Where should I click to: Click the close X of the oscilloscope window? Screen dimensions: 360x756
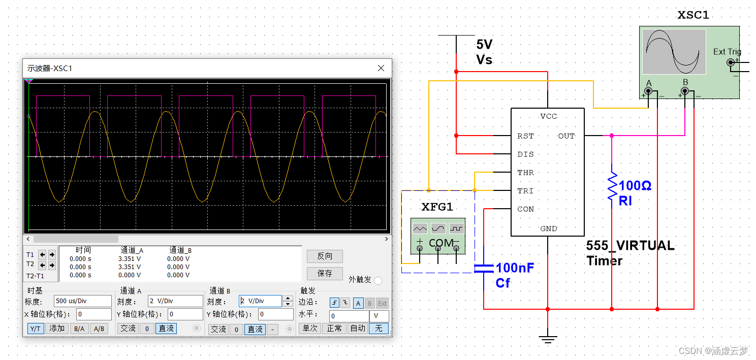point(381,68)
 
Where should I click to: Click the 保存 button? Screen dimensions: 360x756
point(325,273)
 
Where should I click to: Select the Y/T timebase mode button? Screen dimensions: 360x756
point(35,329)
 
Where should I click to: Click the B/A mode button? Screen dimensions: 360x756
point(79,329)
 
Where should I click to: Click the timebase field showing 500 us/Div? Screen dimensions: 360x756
point(82,301)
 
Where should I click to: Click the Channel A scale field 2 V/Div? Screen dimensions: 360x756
point(175,301)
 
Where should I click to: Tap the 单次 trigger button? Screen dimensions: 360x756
point(310,329)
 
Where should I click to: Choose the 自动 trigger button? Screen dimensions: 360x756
point(358,329)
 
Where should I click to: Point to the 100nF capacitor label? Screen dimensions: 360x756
point(515,268)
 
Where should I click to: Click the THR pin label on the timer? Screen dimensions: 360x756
point(525,173)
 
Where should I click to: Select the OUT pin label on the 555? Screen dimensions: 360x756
point(566,136)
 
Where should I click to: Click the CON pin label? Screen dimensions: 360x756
point(525,209)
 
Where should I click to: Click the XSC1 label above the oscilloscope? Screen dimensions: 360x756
point(693,15)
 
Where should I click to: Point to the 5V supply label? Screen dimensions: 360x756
point(484,44)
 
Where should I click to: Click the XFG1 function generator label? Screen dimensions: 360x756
point(437,207)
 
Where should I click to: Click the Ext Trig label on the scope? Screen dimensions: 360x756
point(727,52)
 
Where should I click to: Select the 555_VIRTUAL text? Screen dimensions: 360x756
point(630,246)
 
